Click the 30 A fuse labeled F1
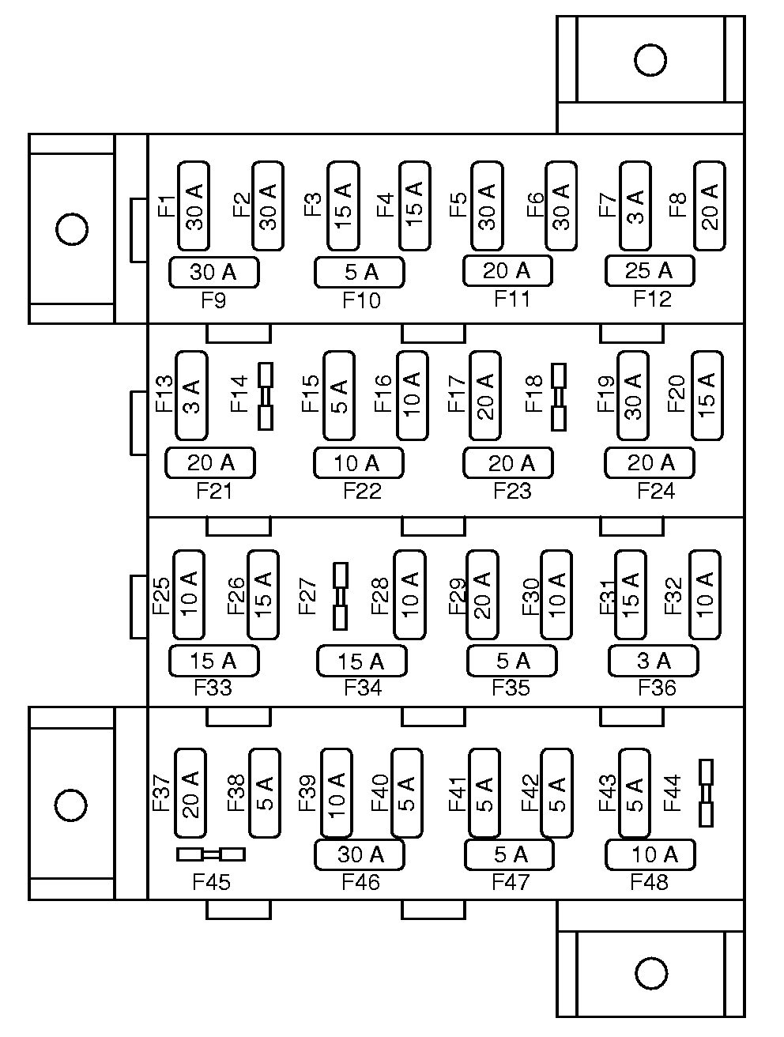coord(194,206)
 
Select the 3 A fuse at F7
coord(635,206)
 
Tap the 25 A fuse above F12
coord(650,271)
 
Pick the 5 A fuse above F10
coord(360,273)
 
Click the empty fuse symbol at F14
coord(266,396)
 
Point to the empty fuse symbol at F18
coord(559,396)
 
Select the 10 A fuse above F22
coord(359,463)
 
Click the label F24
coord(656,492)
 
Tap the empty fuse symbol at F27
coord(340,596)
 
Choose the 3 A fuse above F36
coord(653,661)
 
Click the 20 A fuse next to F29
coord(482,594)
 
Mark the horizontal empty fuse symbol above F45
coord(211,854)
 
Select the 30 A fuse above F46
coord(360,854)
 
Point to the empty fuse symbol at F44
coord(706,793)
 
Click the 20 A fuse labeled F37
coord(190,793)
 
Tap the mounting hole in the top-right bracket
coord(650,60)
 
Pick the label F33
coord(213,688)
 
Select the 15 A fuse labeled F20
coord(707,395)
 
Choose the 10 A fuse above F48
coord(650,854)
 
